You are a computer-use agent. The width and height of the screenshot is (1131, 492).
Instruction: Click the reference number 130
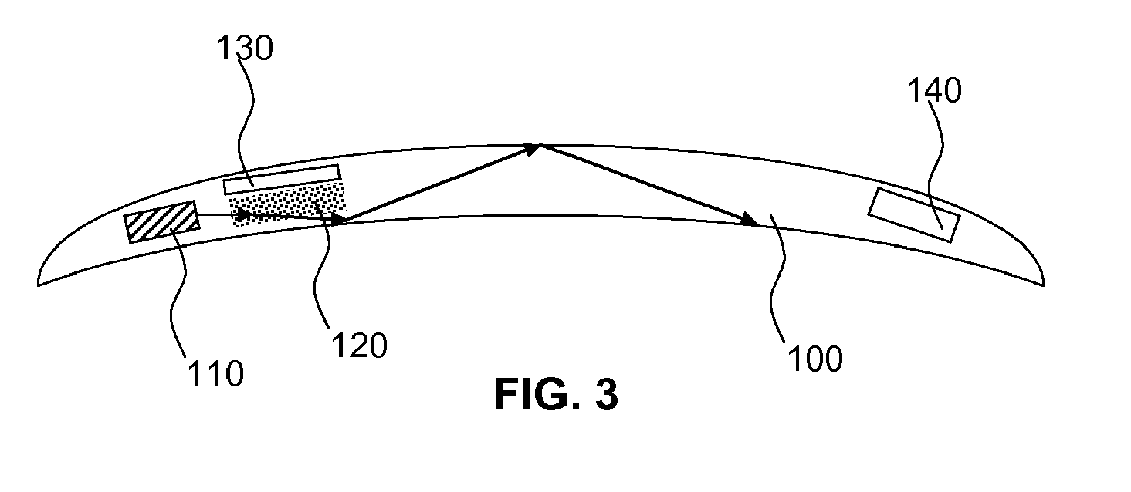(246, 49)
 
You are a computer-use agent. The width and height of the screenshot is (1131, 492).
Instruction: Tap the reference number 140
(934, 92)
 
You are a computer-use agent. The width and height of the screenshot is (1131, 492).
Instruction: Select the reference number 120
(359, 346)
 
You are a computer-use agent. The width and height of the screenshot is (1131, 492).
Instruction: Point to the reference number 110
(215, 374)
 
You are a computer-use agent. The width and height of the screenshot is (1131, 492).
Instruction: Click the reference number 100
(814, 358)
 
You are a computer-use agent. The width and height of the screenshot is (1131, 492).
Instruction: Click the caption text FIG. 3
(557, 395)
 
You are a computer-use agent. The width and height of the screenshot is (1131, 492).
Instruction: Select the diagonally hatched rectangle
(162, 221)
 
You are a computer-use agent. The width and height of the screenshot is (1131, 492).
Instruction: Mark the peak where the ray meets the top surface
(540, 144)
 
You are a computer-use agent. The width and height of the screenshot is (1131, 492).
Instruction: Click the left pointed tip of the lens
(39, 284)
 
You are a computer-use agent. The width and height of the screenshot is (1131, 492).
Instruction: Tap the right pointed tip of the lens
(1044, 284)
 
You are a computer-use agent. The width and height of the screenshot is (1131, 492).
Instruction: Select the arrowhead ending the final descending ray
(750, 221)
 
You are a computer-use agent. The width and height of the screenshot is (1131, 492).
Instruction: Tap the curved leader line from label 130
(246, 123)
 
